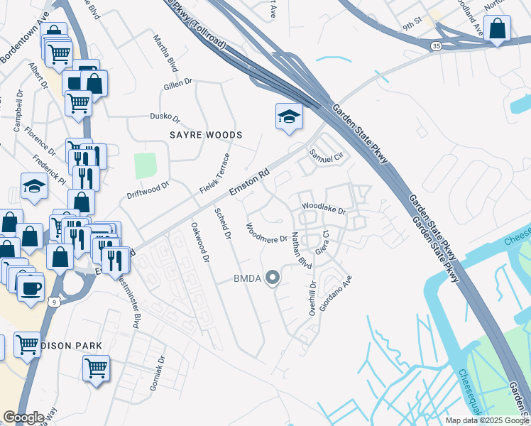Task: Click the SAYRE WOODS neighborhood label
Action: point(206,135)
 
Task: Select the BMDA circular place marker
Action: point(272,278)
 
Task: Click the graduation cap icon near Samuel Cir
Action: point(289,116)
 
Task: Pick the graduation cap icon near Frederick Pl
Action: point(34,186)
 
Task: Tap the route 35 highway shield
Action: point(434,45)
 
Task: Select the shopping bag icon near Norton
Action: point(498,30)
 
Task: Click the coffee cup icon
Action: point(31,289)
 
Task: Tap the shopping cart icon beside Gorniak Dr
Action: point(96,368)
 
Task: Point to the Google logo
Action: point(23,417)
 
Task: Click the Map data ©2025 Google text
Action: point(487,420)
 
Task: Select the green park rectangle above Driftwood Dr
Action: point(145,165)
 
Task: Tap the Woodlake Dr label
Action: point(323,209)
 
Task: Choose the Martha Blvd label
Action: point(165,52)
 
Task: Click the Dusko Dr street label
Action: point(165,117)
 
